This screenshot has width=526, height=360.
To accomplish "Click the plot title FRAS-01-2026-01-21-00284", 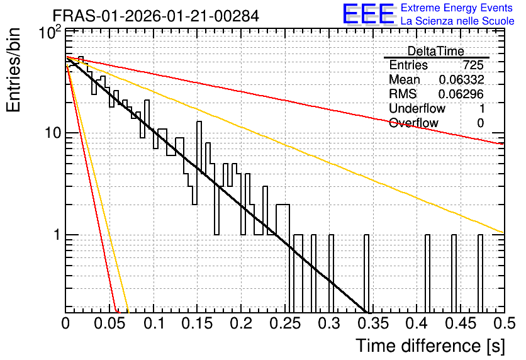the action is (155, 16).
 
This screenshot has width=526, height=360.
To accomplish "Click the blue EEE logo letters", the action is (369, 14).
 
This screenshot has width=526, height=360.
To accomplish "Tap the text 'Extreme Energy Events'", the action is (457, 8).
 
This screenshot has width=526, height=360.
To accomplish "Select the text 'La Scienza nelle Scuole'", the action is (457, 21).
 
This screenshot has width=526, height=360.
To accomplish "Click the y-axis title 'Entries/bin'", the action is (13, 70).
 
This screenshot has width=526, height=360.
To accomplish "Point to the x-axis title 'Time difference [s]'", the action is (430, 346).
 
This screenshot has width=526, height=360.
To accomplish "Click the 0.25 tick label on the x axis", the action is (285, 323).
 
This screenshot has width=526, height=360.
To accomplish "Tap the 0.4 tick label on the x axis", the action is (417, 323).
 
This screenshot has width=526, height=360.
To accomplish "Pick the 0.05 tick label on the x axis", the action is (109, 323).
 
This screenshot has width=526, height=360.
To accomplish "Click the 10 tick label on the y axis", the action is (53, 133).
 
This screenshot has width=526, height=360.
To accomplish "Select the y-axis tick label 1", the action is (57, 235).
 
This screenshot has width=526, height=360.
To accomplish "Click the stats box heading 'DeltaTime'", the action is (436, 52).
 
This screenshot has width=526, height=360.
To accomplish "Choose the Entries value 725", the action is (473, 65).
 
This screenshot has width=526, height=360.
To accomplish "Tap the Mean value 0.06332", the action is (461, 79).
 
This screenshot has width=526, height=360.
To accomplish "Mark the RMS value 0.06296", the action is (461, 94).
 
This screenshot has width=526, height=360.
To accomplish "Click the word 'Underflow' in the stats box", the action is (417, 108).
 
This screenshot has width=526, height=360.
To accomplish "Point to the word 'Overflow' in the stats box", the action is (413, 123).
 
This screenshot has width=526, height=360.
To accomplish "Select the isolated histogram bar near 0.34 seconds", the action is (366, 273).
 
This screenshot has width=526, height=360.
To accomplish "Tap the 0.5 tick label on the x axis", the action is (505, 323).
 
